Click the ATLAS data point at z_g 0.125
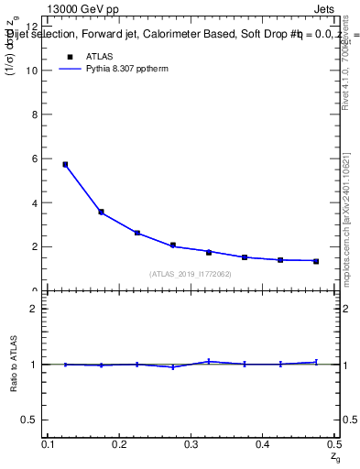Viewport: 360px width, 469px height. (x=65, y=165)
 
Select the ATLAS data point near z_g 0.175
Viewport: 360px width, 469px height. (x=101, y=212)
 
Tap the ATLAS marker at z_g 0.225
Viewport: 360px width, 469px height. (x=136, y=233)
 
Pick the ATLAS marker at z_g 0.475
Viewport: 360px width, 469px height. (x=316, y=261)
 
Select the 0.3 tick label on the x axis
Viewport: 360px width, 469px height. (x=191, y=444)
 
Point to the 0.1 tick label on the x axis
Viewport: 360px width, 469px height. (x=48, y=444)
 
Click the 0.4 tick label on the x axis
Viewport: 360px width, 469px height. (x=262, y=444)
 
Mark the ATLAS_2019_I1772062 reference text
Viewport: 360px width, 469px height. (x=191, y=274)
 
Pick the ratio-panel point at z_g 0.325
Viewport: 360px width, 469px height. (x=209, y=361)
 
